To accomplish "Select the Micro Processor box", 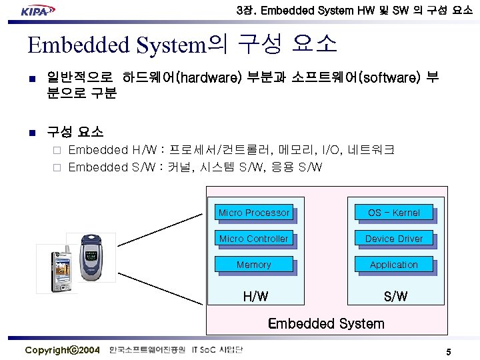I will pyautogui.click(x=254, y=213).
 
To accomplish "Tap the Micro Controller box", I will pyautogui.click(x=254, y=239).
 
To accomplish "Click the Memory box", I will pyautogui.click(x=254, y=265).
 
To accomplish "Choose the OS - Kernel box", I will pyautogui.click(x=394, y=213).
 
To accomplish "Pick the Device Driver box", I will pyautogui.click(x=394, y=239).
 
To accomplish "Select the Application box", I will pyautogui.click(x=394, y=265).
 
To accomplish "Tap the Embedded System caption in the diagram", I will pyautogui.click(x=326, y=324).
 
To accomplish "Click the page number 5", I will pyautogui.click(x=449, y=351).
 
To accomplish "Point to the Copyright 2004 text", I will pyautogui.click(x=62, y=351).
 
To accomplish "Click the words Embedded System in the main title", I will pyautogui.click(x=115, y=45).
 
